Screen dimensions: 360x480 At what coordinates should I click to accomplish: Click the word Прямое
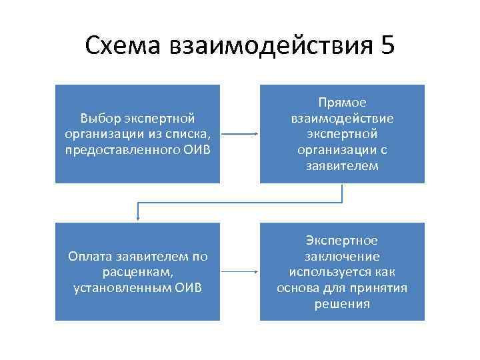pyautogui.click(x=342, y=103)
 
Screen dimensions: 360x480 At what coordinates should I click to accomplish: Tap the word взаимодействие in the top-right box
pyautogui.click(x=342, y=118)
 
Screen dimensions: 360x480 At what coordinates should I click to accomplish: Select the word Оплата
pyautogui.click(x=91, y=257)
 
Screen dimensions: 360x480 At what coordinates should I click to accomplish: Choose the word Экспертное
pyautogui.click(x=342, y=241)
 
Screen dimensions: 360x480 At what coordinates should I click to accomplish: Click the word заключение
pyautogui.click(x=342, y=257)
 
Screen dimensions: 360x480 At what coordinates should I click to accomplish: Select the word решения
pyautogui.click(x=342, y=304)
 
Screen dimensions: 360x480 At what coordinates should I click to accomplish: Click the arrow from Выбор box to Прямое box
pyautogui.click(x=239, y=134)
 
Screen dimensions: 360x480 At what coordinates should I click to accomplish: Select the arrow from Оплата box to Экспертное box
pyautogui.click(x=239, y=272)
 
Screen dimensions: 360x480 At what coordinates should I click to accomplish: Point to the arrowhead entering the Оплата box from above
pyautogui.click(x=137, y=217)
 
